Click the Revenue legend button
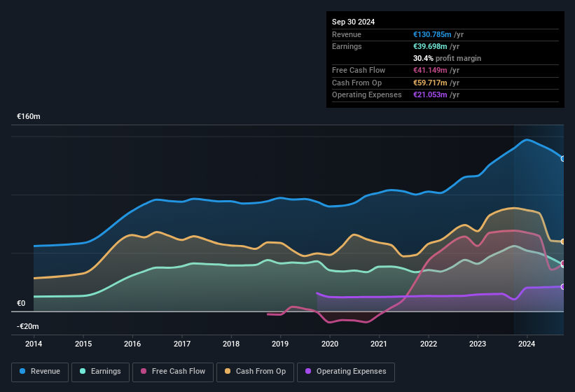click(41, 372)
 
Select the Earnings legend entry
click(101, 372)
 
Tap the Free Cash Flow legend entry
click(174, 372)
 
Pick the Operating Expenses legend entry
click(346, 372)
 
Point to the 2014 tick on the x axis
click(34, 344)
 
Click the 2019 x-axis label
click(280, 344)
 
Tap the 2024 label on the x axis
click(527, 344)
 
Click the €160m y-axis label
click(29, 117)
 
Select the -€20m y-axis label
click(28, 327)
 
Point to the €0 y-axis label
click(21, 304)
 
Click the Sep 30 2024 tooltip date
click(353, 22)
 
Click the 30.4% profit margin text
click(447, 58)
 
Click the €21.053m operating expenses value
click(431, 94)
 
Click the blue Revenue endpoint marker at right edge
click(563, 159)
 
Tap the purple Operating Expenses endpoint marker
click(563, 286)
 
